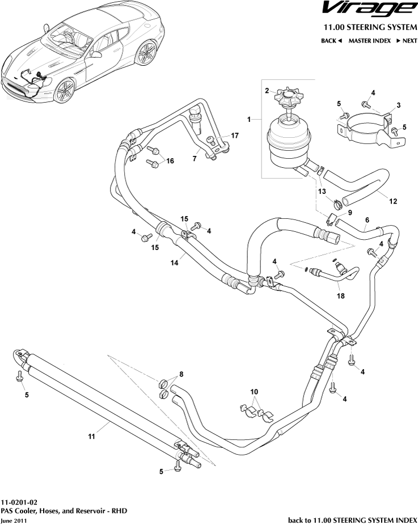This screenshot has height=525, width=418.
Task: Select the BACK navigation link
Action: [331, 41]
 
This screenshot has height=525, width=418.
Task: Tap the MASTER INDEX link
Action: [369, 41]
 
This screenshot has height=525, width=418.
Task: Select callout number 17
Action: [235, 136]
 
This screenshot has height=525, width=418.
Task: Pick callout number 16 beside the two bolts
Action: [169, 161]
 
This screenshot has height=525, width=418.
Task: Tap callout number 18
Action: [340, 295]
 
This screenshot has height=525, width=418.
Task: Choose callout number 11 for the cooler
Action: [91, 436]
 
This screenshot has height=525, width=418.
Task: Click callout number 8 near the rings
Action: [181, 374]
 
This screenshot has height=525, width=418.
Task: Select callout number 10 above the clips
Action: [255, 392]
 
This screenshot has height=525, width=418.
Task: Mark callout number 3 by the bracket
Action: [398, 105]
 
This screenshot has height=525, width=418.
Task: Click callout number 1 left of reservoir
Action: [248, 119]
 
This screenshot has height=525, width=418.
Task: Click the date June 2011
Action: [14, 520]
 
